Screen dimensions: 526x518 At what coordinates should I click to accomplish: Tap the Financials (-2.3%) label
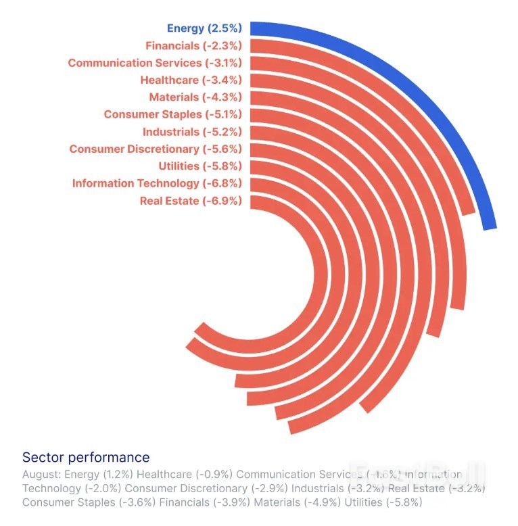pos(193,46)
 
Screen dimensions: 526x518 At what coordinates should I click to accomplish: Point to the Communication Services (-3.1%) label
pos(155,63)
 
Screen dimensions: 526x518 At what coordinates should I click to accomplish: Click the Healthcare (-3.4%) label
pos(191,80)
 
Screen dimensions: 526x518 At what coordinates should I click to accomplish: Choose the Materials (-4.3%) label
pos(195,97)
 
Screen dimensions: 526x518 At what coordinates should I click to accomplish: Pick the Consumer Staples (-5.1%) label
pos(172,114)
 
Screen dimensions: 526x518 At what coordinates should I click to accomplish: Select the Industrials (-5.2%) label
pos(192,132)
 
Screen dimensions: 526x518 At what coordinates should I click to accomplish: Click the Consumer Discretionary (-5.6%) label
pos(156,149)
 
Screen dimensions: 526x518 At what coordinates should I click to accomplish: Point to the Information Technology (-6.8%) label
pos(157,183)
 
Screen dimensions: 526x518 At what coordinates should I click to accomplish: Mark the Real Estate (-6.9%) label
pos(191,200)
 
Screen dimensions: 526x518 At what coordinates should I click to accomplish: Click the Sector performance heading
pos(86,458)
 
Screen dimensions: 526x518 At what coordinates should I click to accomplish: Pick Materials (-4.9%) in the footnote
pos(305,502)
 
